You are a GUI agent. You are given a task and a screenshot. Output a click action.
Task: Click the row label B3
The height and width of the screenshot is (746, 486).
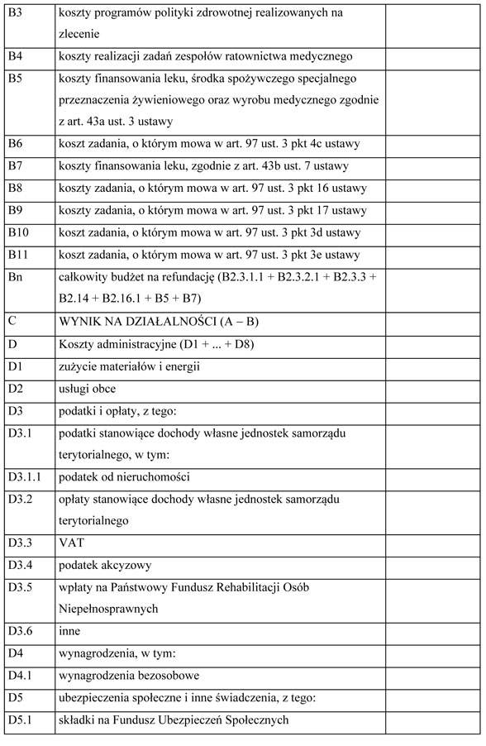(x=14, y=13)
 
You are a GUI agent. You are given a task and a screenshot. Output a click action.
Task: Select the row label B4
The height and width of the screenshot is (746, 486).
(x=14, y=56)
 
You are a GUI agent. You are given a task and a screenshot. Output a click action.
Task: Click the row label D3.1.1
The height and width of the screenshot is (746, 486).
(x=24, y=476)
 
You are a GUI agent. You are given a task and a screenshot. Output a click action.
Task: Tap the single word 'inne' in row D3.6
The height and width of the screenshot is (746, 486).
(x=70, y=631)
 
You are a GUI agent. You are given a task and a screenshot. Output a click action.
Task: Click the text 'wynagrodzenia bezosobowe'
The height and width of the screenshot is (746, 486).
(x=129, y=676)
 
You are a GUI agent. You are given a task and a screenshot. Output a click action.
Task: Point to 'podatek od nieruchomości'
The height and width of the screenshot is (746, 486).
(x=125, y=476)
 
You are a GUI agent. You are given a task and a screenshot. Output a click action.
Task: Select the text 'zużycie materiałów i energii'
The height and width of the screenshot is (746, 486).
(x=130, y=365)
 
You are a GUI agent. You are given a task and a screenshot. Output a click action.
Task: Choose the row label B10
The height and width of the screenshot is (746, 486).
(x=17, y=232)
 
